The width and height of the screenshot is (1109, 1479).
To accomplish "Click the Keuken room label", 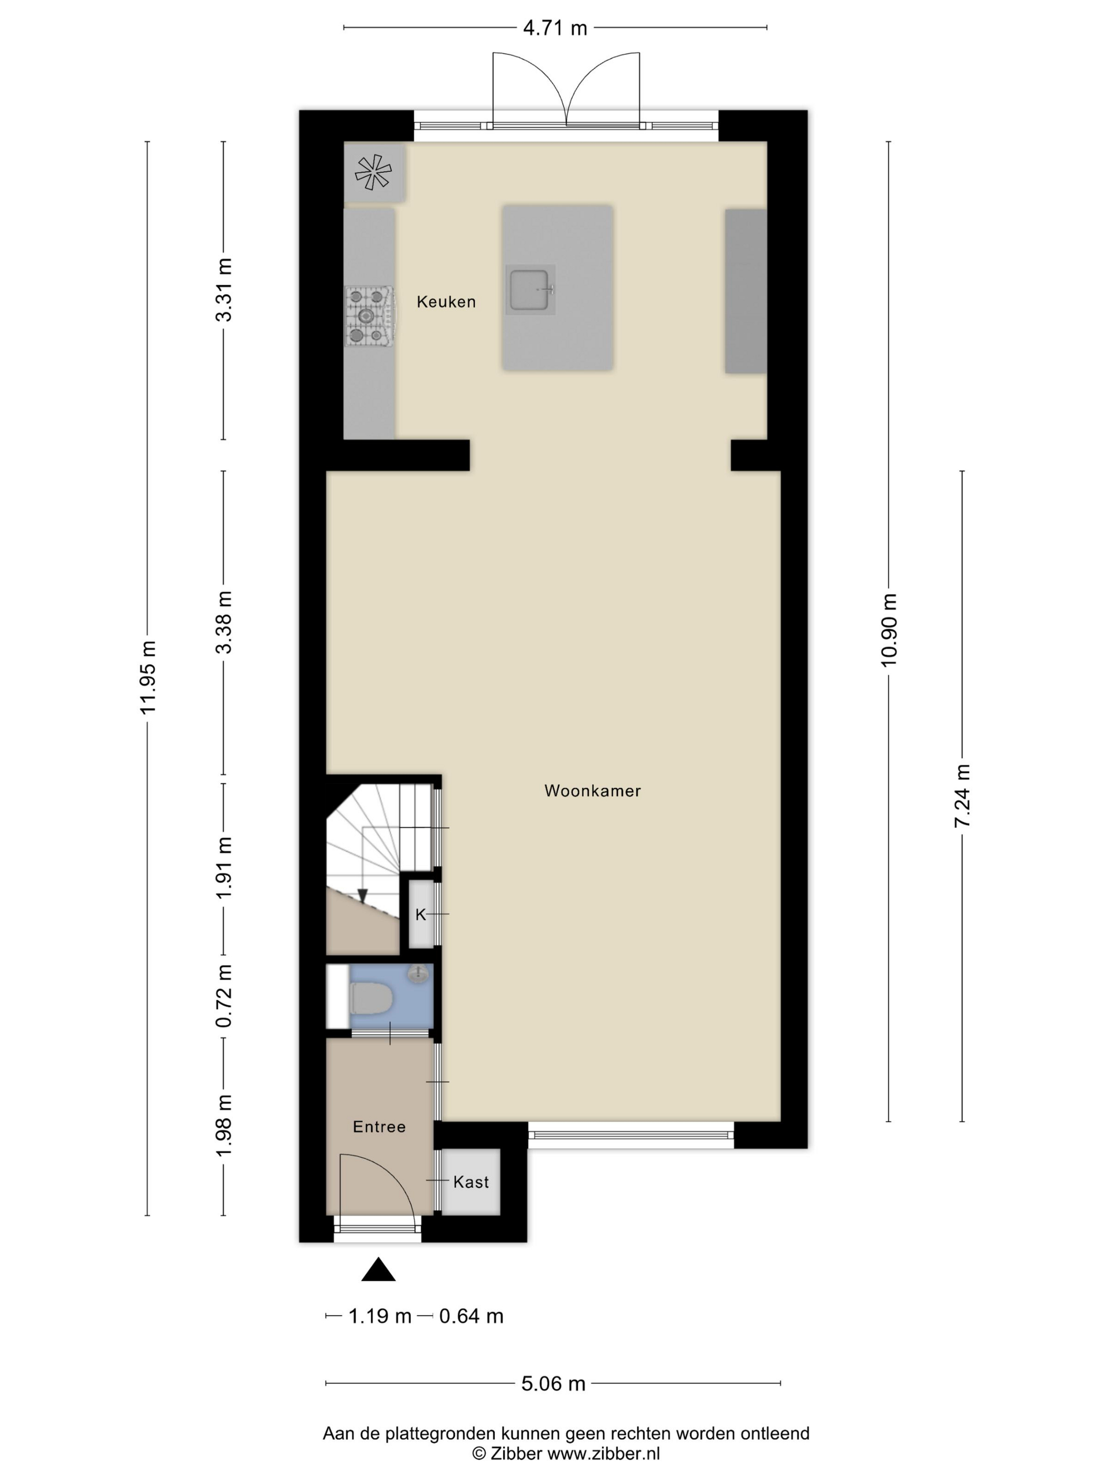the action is [x=446, y=302].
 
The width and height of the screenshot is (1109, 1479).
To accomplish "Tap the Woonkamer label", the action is [x=593, y=791].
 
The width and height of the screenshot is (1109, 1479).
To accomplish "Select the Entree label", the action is [x=379, y=1127].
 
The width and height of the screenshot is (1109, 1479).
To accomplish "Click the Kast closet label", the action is [x=471, y=1182].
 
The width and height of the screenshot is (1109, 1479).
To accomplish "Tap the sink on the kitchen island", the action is [x=530, y=289].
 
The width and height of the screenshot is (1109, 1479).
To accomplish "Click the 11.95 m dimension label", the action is [x=148, y=677].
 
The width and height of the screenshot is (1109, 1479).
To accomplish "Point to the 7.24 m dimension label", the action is [x=962, y=795].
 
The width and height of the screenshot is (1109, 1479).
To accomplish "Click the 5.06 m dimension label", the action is [x=553, y=1383].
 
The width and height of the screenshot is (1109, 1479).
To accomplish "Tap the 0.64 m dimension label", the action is [x=471, y=1316].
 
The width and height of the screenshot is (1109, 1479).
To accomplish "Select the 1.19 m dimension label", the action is [x=380, y=1316].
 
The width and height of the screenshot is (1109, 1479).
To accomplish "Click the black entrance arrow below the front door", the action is [x=378, y=1269].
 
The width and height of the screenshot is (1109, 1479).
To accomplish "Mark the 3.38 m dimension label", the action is [x=224, y=622].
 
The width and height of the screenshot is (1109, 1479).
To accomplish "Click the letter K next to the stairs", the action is [x=420, y=915].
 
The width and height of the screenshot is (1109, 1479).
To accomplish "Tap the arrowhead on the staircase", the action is [x=362, y=895].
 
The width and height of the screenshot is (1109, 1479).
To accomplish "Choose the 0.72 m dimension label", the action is [x=224, y=996].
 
